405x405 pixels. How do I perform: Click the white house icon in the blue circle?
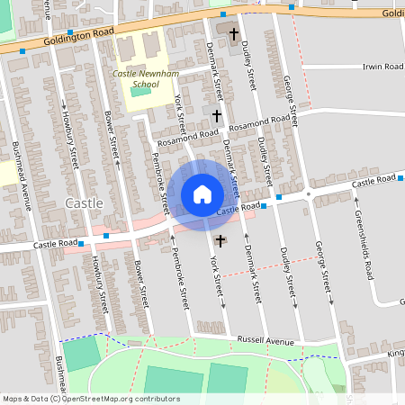[x=202, y=193]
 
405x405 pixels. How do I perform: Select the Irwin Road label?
[x=383, y=67]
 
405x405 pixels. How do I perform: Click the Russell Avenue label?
[x=265, y=341]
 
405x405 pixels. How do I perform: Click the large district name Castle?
[x=84, y=203]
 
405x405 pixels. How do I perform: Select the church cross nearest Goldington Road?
[x=234, y=35]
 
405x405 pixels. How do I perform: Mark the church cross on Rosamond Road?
[x=217, y=116]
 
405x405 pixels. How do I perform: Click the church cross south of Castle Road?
[x=220, y=240]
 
